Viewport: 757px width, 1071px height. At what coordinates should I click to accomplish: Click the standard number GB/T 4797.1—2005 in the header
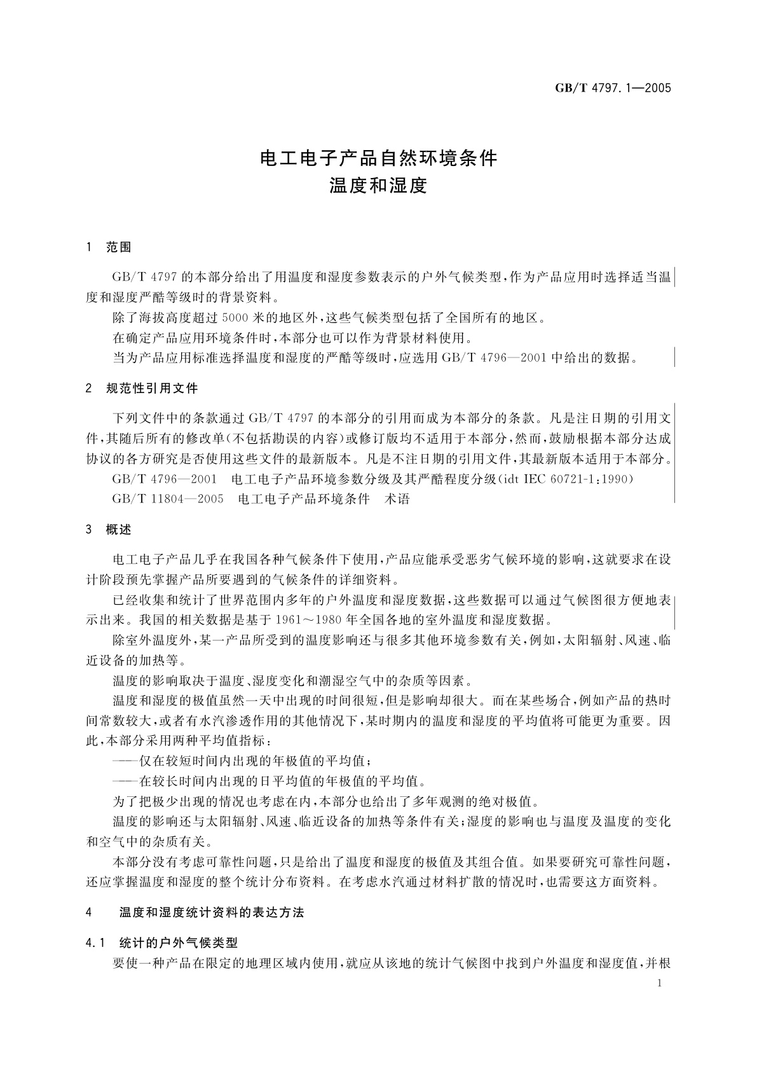click(613, 88)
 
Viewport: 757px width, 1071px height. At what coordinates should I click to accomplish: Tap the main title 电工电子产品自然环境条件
click(379, 158)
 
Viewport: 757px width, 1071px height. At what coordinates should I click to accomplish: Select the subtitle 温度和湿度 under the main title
click(378, 186)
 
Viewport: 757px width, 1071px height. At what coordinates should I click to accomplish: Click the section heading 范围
click(119, 247)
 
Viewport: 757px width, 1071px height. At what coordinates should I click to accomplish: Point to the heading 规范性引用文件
click(152, 388)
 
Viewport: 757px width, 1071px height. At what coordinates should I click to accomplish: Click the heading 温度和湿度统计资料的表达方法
click(212, 913)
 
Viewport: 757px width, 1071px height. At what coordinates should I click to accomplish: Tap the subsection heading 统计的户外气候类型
click(178, 943)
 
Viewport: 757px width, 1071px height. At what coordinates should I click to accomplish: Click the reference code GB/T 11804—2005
click(168, 499)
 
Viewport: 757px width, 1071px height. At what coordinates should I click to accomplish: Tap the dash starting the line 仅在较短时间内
click(125, 761)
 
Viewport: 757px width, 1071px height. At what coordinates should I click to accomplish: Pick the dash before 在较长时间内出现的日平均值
click(125, 780)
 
